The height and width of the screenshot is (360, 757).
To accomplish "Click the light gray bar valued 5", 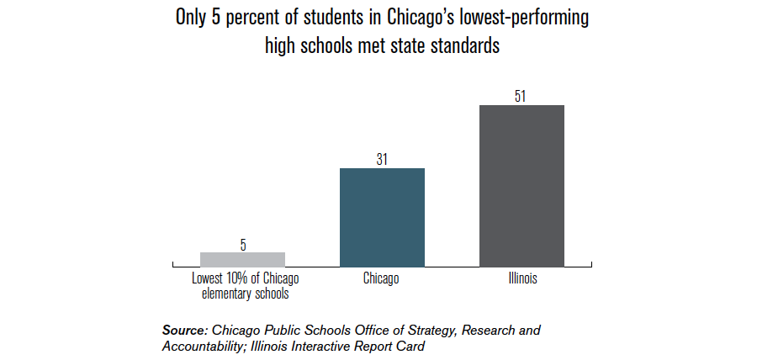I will [242, 259].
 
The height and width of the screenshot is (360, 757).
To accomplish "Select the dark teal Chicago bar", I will [382, 217].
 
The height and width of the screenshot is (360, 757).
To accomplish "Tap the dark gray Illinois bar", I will [521, 185].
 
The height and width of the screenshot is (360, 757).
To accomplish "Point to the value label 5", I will [243, 245].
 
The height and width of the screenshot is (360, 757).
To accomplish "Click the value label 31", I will [382, 159].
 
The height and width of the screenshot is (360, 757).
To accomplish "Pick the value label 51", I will [521, 96].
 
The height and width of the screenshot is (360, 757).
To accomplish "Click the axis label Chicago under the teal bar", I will [381, 279].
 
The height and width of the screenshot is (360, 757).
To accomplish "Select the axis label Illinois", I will [521, 279].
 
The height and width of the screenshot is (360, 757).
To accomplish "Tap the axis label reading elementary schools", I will [242, 294].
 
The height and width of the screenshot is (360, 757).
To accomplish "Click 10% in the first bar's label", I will [230, 279].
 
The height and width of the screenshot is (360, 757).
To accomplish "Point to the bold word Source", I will [184, 331].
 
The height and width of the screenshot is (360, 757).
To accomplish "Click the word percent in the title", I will [257, 19].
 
